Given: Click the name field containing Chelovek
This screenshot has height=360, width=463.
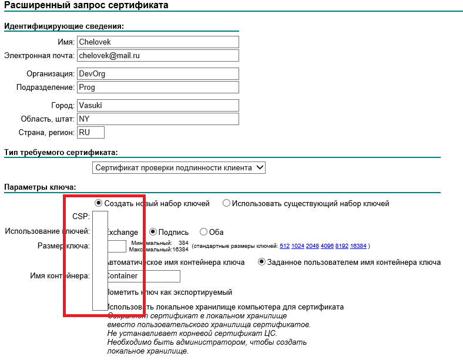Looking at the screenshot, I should click(157, 42).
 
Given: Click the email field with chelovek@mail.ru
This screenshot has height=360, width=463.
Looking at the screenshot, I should click(157, 55).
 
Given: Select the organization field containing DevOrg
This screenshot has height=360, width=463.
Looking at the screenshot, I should click(157, 74).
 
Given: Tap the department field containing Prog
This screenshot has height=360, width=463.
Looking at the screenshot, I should click(157, 87).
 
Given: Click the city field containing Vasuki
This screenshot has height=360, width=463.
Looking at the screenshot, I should click(157, 106).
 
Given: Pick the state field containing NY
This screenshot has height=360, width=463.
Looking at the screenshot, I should click(157, 119).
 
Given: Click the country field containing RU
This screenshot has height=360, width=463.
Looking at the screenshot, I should click(90, 133).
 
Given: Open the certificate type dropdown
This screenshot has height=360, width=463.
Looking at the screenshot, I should click(179, 168).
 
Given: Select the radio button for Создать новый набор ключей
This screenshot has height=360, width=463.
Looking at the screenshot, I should click(99, 203).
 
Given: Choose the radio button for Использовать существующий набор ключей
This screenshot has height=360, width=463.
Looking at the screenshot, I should click(226, 203).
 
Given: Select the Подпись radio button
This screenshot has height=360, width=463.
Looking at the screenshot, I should click(153, 232).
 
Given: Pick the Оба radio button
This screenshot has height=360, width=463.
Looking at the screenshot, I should click(204, 232).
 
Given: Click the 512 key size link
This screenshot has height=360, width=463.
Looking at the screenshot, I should click(284, 246).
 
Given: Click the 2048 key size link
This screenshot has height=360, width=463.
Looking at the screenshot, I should click(312, 246).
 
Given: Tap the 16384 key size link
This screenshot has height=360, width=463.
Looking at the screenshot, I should click(358, 246).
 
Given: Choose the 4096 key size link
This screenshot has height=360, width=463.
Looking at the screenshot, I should click(327, 246).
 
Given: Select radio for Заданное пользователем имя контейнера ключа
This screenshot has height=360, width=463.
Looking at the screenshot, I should click(262, 262).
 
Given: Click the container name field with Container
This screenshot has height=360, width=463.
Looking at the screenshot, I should click(142, 276).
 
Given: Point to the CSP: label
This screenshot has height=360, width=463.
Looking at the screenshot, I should click(81, 216).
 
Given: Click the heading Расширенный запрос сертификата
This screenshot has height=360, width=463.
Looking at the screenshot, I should click(86, 6).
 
